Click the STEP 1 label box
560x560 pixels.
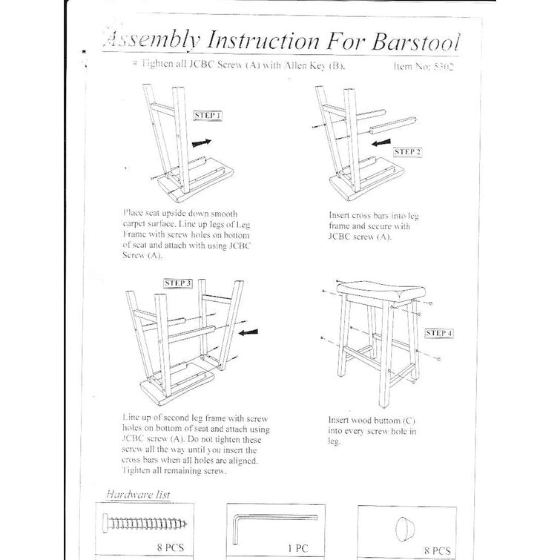coord(207,115)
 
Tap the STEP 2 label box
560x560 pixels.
coord(407,152)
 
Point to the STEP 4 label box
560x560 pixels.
coord(439,333)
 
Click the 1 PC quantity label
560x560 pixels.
coord(297,548)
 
